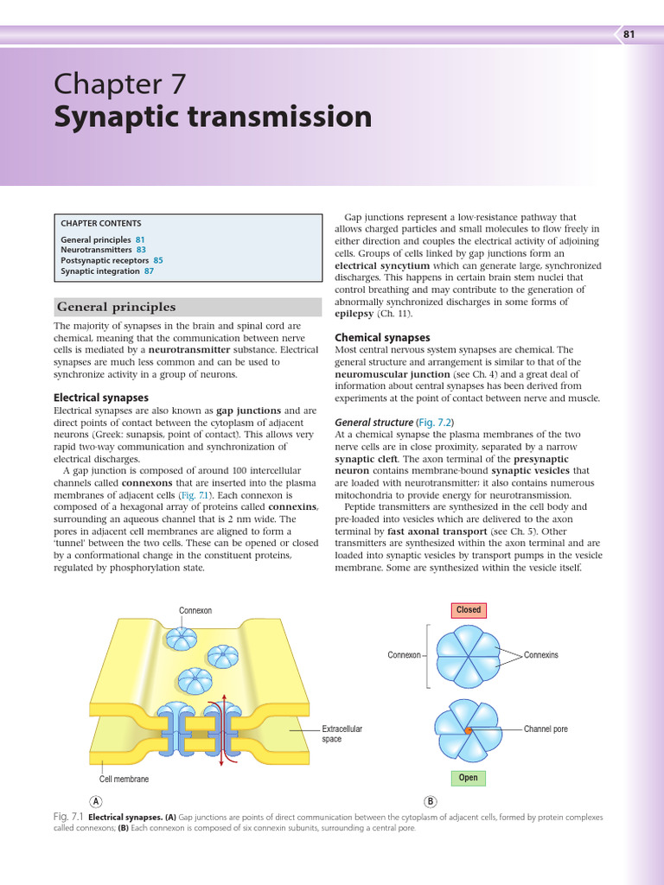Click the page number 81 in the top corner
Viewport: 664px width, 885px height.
coord(629,35)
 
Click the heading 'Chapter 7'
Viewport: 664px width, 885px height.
coord(119,84)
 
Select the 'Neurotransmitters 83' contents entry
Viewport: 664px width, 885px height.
coord(103,250)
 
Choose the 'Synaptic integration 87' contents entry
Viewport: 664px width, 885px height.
coord(107,271)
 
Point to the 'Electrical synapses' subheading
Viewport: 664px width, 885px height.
coord(100,398)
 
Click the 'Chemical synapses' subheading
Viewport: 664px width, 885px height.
coord(382,337)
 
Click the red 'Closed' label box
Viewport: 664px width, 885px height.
coord(469,610)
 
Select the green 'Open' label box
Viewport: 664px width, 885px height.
coord(468,778)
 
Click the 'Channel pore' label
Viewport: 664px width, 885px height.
coord(546,729)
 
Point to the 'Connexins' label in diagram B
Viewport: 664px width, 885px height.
coord(541,655)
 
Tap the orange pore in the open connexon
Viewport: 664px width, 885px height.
coord(468,730)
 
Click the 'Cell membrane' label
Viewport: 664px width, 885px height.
coord(124,779)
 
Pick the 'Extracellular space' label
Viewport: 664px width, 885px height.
coord(342,734)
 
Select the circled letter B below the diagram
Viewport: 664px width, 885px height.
coord(431,801)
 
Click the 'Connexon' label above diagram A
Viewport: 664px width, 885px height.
coord(195,611)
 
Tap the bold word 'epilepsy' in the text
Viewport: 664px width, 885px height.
coord(354,314)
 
